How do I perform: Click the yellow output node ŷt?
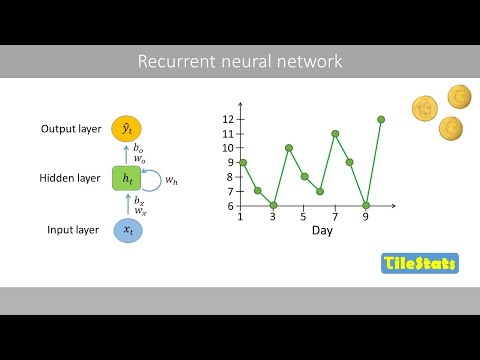127,129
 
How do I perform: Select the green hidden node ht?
127,179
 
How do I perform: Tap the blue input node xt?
127,230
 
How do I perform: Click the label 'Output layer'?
72,129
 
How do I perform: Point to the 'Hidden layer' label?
70,179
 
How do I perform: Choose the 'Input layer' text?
74,230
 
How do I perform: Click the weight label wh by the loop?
172,180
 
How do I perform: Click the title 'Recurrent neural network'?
240,62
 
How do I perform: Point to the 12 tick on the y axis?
228,119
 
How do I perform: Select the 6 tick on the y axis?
230,206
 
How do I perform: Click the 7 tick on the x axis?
335,215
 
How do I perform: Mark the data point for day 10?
381,119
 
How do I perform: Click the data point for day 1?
242,162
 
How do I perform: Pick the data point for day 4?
288,148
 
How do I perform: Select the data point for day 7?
335,133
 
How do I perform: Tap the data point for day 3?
273,205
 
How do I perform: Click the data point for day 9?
366,205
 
